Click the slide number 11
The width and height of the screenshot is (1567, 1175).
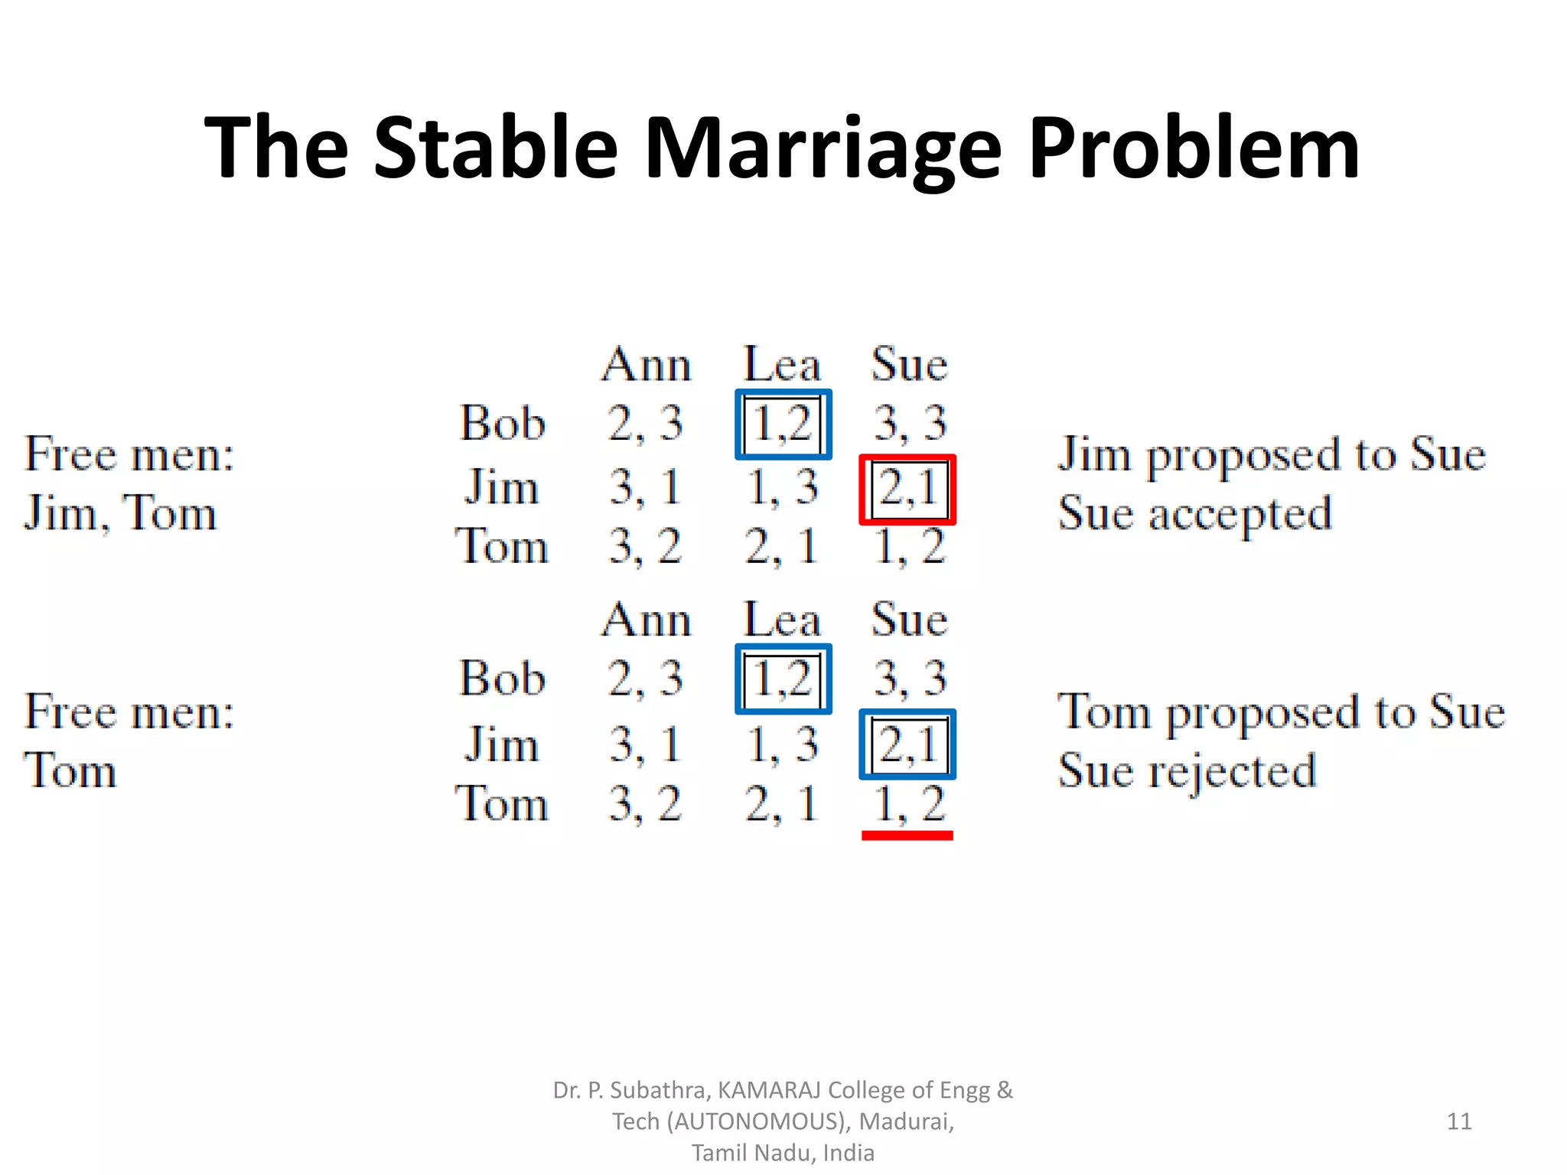[x=1459, y=1121]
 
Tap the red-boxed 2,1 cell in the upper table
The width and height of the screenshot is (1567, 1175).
[x=907, y=490]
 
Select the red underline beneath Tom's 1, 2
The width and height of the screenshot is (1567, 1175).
[x=907, y=836]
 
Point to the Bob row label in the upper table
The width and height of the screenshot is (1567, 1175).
[x=502, y=423]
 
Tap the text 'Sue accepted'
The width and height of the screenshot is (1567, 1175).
[x=1194, y=513]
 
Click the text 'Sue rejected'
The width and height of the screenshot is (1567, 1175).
[x=1187, y=771]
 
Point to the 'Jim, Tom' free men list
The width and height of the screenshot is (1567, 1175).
[x=120, y=513]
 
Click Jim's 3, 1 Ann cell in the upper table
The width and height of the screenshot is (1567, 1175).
[x=645, y=487]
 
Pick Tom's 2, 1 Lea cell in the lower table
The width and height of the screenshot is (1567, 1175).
[x=781, y=803]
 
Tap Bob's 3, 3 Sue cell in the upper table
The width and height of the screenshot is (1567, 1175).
[x=910, y=423]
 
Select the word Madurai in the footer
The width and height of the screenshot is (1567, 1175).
[x=906, y=1121]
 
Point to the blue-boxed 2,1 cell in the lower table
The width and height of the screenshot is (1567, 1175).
[x=907, y=744]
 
